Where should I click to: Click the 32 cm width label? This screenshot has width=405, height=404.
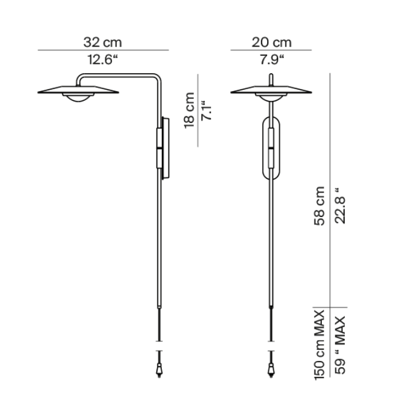tap(103, 42)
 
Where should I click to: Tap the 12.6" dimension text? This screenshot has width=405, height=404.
tap(103, 60)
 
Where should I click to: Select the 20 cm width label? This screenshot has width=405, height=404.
tap(271, 42)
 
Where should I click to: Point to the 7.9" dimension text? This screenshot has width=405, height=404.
tap(271, 60)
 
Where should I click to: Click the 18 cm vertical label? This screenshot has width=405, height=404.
tap(189, 110)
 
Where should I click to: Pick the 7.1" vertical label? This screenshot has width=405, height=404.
tap(206, 110)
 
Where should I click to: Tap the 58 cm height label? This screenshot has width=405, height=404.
tap(319, 205)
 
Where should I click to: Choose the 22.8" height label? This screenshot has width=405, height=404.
tap(340, 205)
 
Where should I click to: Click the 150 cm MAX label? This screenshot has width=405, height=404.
tap(319, 345)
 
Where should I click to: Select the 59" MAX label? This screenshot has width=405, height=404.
tap(340, 345)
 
